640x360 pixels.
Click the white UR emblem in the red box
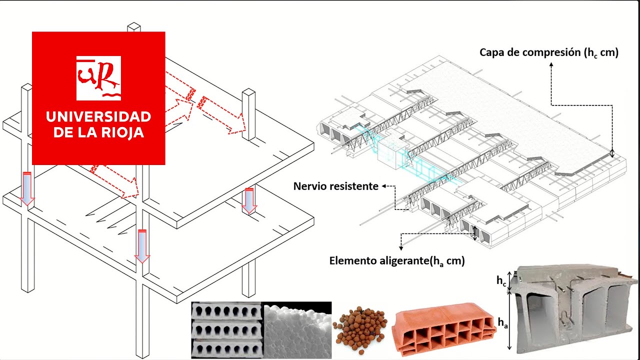(x=98, y=77)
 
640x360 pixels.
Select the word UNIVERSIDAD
(x=98, y=117)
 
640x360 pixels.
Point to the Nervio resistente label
(x=336, y=186)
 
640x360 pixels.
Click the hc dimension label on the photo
(x=501, y=281)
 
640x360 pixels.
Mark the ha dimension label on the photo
(x=502, y=323)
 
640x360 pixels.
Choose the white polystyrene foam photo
(x=297, y=330)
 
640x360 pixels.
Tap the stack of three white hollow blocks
(x=226, y=330)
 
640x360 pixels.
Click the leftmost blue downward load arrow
(x=27, y=188)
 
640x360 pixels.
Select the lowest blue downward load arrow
(x=142, y=245)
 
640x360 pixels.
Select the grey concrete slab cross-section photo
(x=575, y=310)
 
